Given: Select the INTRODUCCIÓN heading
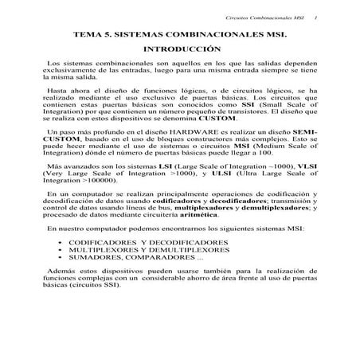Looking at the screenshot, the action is [179, 50].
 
